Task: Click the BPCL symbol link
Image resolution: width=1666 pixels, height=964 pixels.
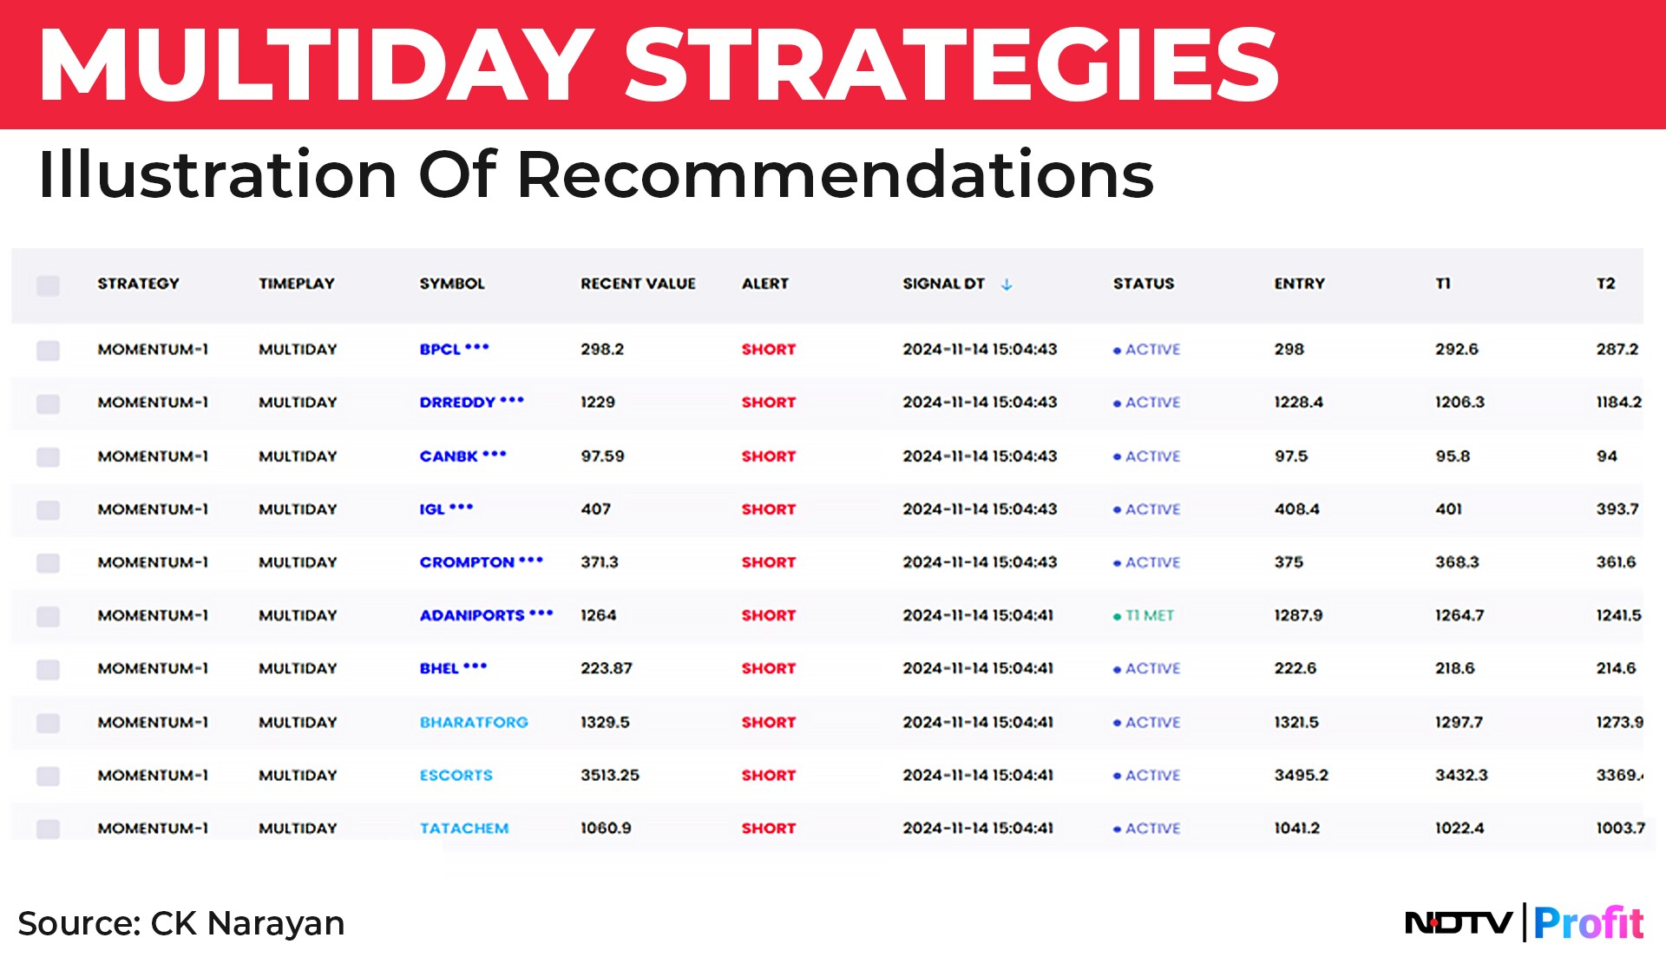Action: point(440,350)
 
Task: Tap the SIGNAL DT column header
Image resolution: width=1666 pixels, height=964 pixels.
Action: point(943,284)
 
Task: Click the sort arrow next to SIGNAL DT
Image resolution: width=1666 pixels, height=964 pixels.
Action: point(1007,285)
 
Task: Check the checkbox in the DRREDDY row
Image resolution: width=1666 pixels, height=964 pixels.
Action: point(48,403)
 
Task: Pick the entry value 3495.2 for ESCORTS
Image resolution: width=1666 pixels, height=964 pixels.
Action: point(1301,776)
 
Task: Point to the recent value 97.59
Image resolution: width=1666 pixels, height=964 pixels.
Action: point(602,456)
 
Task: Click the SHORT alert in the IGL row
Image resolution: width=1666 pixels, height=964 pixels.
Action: point(768,509)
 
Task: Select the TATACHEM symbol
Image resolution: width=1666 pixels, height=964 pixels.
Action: point(464,829)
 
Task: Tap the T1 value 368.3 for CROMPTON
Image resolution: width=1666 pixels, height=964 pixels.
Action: point(1457,562)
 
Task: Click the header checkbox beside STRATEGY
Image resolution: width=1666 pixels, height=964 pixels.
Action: point(48,285)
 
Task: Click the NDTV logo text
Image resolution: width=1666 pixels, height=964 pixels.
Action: point(1458,922)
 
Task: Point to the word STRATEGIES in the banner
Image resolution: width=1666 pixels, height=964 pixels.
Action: point(951,64)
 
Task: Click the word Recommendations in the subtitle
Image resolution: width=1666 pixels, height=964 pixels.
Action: point(835,174)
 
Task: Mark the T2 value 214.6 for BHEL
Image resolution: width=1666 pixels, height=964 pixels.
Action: point(1616,669)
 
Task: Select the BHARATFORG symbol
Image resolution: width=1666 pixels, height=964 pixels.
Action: point(474,723)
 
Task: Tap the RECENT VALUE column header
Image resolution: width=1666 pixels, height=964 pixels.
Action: point(638,284)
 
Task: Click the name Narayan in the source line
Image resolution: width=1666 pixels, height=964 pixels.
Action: point(276,923)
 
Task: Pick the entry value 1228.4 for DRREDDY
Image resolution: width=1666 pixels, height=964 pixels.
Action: point(1298,403)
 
